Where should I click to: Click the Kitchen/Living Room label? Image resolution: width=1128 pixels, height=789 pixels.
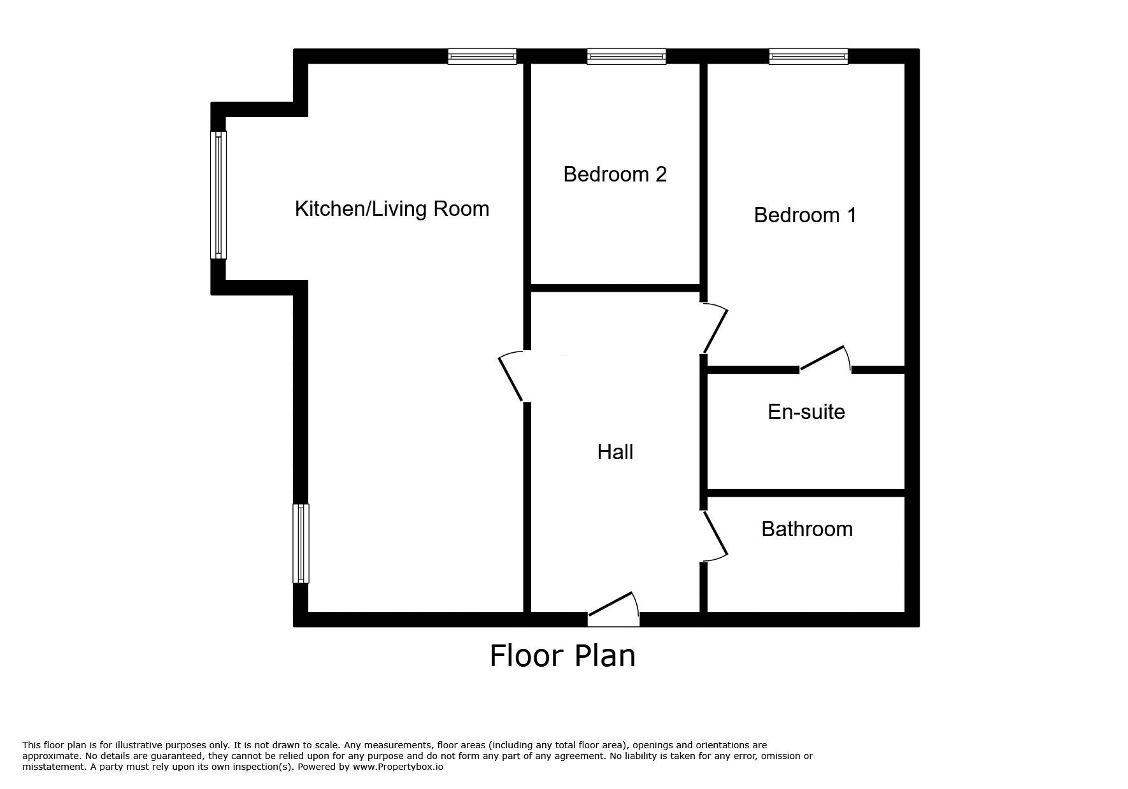click(392, 209)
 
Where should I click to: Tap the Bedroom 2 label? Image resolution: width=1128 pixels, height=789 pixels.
click(615, 174)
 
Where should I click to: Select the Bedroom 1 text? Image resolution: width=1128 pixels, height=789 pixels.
click(805, 215)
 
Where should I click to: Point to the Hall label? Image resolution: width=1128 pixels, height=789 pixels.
click(615, 452)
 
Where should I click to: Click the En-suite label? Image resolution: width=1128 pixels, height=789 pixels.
click(806, 412)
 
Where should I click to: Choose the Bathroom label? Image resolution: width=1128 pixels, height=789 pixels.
click(806, 529)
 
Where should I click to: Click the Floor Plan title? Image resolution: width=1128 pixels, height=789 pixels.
click(562, 656)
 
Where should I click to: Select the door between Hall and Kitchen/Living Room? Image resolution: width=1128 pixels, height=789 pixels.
click(511, 378)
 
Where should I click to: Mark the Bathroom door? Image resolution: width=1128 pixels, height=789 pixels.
click(715, 536)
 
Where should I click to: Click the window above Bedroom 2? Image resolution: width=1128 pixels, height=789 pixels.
click(626, 57)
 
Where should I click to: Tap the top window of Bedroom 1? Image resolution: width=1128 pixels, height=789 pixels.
click(808, 57)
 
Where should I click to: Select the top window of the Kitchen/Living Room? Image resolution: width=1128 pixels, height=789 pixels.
click(482, 57)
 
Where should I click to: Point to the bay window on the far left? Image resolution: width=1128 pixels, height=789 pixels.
click(218, 195)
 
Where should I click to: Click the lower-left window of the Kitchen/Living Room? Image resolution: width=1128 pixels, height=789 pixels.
click(301, 543)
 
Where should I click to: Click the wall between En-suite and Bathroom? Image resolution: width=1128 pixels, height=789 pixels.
click(806, 493)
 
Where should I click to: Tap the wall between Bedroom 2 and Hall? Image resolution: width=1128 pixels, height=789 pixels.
click(615, 288)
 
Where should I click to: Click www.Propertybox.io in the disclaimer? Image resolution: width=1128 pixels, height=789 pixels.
click(397, 767)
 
